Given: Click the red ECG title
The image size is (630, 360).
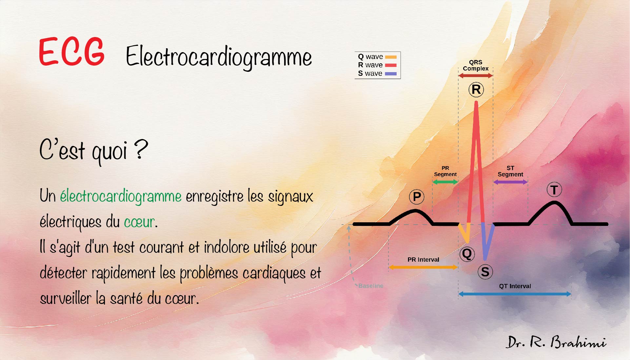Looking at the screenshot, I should [x=71, y=52].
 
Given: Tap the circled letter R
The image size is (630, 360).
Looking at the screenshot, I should [x=476, y=89].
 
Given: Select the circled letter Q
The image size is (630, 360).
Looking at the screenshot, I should [x=467, y=253].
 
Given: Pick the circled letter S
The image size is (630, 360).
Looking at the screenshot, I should [x=485, y=272].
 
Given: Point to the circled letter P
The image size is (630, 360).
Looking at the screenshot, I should [x=417, y=197].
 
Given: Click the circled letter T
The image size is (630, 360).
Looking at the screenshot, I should [x=554, y=190].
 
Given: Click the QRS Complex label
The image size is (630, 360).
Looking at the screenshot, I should [x=476, y=65].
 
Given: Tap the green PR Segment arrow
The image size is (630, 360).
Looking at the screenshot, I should [x=445, y=182].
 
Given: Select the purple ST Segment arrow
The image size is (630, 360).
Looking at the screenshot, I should [x=510, y=182].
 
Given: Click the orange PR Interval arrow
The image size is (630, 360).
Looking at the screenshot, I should [x=423, y=267].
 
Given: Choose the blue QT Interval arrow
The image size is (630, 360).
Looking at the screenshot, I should [x=515, y=294].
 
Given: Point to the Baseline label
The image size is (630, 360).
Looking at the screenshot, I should [x=371, y=286].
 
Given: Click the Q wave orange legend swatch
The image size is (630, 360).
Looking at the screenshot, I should [x=391, y=57].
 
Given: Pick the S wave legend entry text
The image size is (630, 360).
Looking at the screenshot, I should [x=370, y=73].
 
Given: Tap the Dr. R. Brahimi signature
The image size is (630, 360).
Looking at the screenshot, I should [x=556, y=342].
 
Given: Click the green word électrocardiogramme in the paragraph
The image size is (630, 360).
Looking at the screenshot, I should [x=121, y=196].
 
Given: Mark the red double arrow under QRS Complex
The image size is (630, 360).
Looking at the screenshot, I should [x=476, y=76].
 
